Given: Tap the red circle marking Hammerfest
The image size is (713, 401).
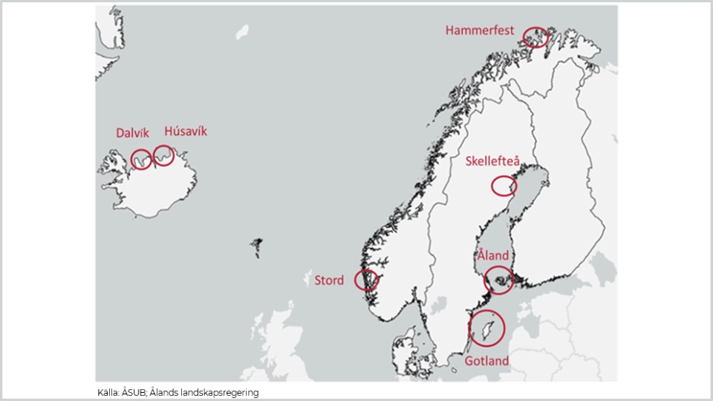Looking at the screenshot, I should point(535,36).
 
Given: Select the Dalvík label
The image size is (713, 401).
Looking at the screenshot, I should point(132,133).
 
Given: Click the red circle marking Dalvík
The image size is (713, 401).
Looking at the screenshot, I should point(141,159).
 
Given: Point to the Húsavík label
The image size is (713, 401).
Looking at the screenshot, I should point(186,131).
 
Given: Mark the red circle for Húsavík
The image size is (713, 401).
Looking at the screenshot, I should point(163,156).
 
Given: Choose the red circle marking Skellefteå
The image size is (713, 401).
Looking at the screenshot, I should point(504,186).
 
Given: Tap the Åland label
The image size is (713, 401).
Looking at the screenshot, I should point(493,256).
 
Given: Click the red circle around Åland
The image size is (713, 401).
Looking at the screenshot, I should point(498,281).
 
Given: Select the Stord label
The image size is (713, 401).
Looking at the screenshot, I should point(329,280).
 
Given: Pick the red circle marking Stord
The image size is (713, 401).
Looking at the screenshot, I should point(367,280).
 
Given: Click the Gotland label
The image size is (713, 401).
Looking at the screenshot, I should point(487,361).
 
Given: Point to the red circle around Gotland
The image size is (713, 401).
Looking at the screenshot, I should point(486,327).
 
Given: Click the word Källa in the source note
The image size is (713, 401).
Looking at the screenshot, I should point(108,392).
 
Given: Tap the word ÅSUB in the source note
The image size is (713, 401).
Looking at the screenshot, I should point(137,392).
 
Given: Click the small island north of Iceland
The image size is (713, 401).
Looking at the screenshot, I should point(242,32).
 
